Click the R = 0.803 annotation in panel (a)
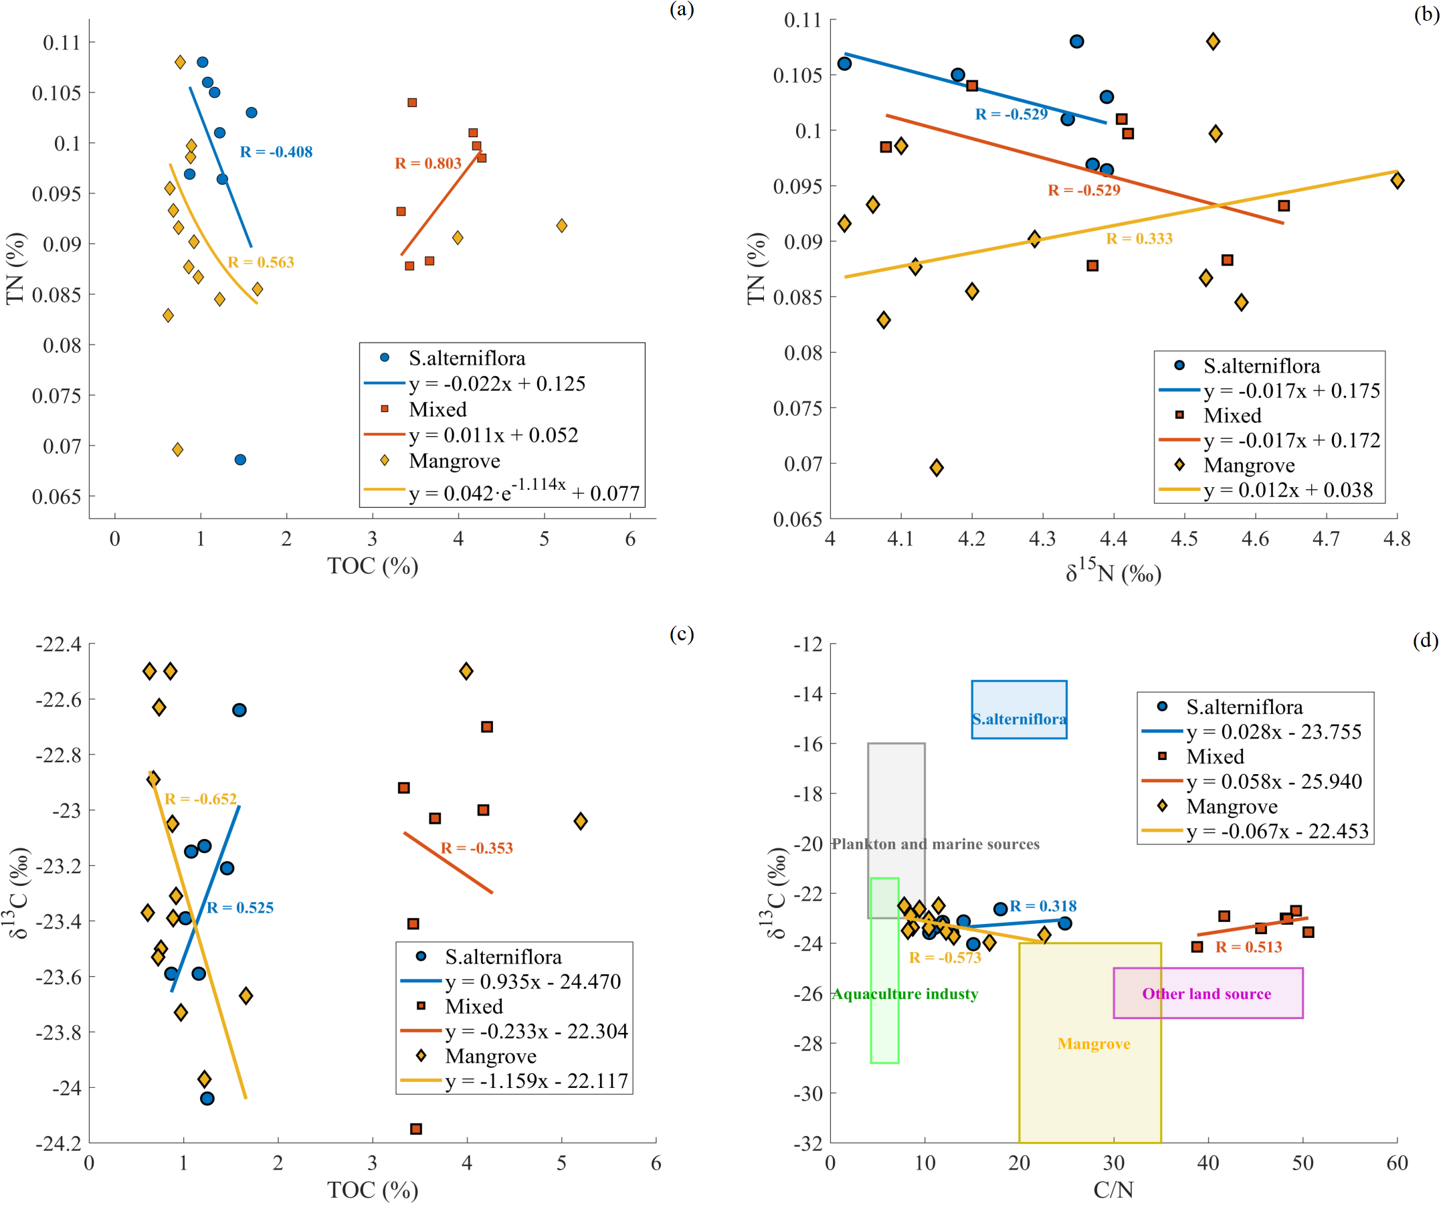coord(427,163)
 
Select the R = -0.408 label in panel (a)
coord(276,152)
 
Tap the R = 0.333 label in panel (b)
coord(1139,239)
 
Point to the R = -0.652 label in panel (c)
coord(201,799)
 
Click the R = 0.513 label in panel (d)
coord(1248,947)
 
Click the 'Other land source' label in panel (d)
coord(1206,994)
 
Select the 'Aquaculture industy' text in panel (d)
coord(905,994)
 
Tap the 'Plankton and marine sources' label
coord(935,844)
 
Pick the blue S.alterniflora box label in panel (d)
coord(1019,719)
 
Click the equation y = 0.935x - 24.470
coord(533,982)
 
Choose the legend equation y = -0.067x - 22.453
coord(1278,831)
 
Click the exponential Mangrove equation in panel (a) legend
coord(524,491)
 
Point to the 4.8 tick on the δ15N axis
coord(1397,539)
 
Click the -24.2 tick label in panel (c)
coord(58,1143)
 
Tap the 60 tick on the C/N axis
coord(1397,1163)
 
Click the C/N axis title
coord(1113,1190)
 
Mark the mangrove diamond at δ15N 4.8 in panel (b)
coord(1397,181)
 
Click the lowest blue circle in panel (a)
coord(240,460)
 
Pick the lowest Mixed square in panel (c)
coord(416,1129)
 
